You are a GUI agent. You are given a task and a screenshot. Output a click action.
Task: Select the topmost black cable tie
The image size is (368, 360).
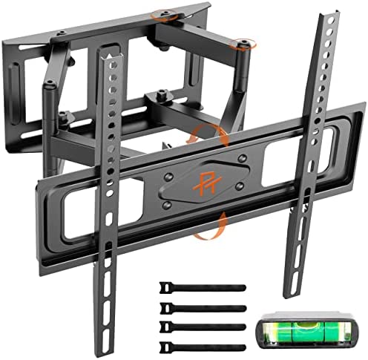tap(194, 286)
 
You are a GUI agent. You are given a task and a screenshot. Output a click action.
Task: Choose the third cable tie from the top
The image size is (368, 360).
tap(194, 313)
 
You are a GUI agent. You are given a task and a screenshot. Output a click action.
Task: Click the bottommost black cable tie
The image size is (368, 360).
tap(194, 327)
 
